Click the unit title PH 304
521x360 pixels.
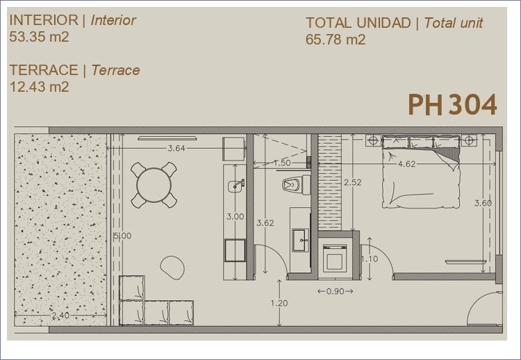(x=452, y=105)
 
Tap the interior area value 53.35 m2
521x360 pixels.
(x=39, y=37)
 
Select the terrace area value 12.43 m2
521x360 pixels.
(x=39, y=87)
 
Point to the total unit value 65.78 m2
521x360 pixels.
(x=336, y=40)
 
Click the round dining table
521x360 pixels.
(x=154, y=185)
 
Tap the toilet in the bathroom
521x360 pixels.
(x=297, y=185)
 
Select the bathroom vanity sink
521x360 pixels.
(x=301, y=240)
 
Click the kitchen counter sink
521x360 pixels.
(x=236, y=186)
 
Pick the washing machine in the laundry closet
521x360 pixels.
(x=335, y=258)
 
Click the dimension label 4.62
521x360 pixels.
(x=406, y=163)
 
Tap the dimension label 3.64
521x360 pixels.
(x=176, y=148)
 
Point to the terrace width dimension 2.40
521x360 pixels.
(x=60, y=315)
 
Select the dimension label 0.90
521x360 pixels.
(x=335, y=291)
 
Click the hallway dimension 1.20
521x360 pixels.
(x=279, y=303)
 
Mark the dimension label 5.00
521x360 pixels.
(x=122, y=236)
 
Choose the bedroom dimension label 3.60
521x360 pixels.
(x=483, y=203)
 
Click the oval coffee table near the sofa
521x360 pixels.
(x=172, y=268)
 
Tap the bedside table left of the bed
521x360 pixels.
(x=373, y=140)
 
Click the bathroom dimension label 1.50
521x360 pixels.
(x=282, y=163)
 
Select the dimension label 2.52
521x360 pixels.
(x=352, y=182)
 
